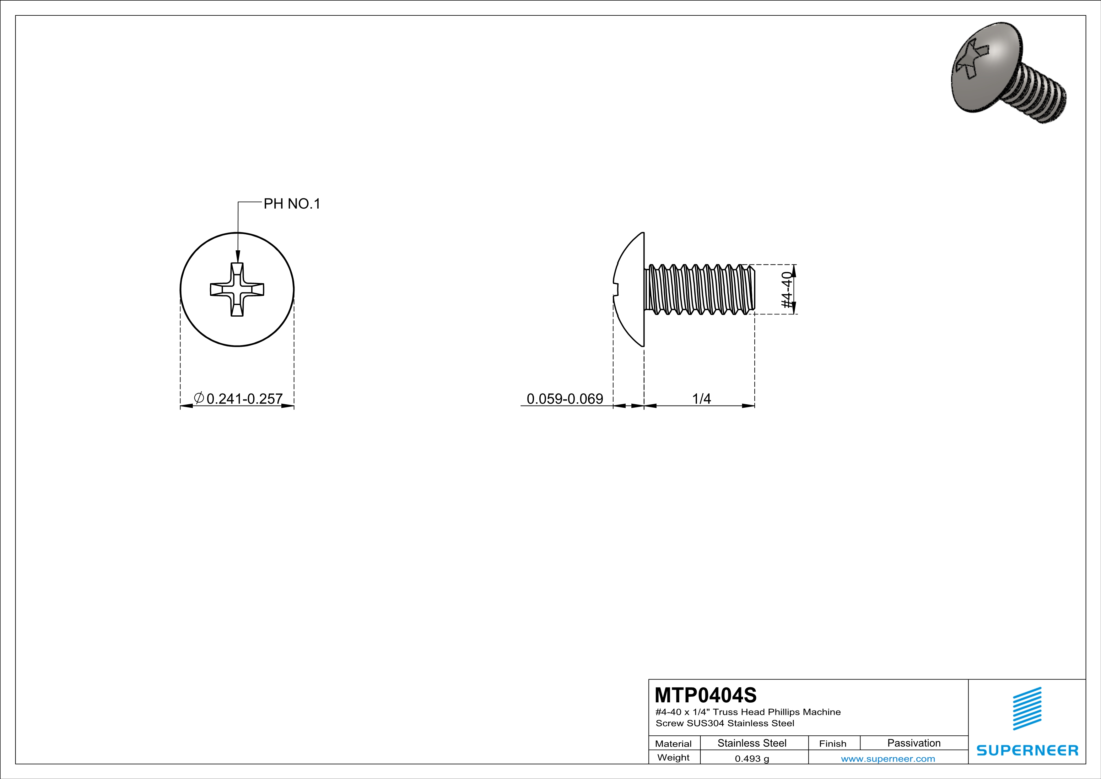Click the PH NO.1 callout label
coord(292,204)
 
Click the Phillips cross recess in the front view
coord(237,289)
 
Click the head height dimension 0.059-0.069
coord(564,399)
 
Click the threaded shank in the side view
coord(700,290)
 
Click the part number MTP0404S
coord(705,695)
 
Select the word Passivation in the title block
coord(914,743)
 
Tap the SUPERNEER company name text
coord(1027,750)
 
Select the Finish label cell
coord(833,744)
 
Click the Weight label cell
coord(673,757)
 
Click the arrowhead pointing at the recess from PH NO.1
coord(237,257)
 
